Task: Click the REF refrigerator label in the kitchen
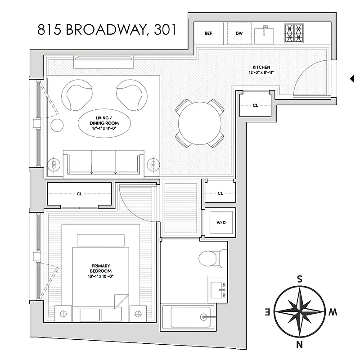(x=208, y=33)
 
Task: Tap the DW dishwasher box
(x=238, y=33)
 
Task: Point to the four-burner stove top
(x=295, y=33)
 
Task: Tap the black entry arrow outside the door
(x=352, y=79)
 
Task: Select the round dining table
(x=200, y=123)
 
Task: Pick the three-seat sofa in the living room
(x=103, y=163)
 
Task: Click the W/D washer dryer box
(x=221, y=222)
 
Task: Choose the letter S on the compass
(x=299, y=279)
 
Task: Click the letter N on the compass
(x=299, y=345)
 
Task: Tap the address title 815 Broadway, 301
(x=107, y=30)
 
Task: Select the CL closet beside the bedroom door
(x=79, y=194)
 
